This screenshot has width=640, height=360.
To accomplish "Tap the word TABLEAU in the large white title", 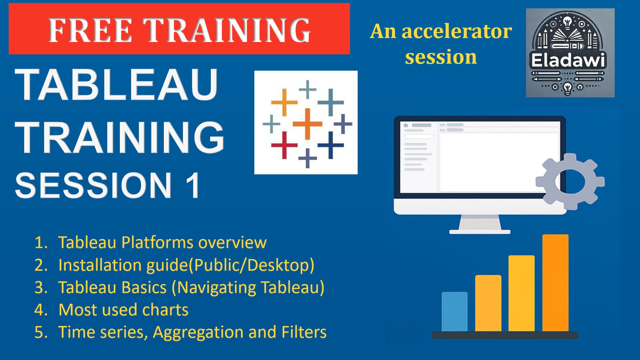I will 117,85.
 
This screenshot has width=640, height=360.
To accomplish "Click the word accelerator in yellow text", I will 457,32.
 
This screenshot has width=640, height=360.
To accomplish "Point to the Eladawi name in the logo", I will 568,60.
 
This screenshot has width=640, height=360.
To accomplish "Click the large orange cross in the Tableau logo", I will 307,124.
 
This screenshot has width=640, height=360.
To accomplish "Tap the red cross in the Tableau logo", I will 284,145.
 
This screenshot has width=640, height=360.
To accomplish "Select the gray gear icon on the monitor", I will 570,182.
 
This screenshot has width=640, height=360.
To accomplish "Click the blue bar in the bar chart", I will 454,312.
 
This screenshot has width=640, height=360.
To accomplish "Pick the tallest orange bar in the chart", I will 555,283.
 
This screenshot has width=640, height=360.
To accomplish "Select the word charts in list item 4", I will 165,310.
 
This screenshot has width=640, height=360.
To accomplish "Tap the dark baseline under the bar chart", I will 505,335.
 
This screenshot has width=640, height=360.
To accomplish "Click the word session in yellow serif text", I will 441,57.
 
